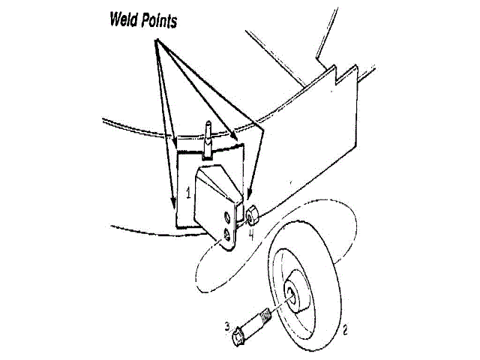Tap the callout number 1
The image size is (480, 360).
(x=188, y=193)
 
